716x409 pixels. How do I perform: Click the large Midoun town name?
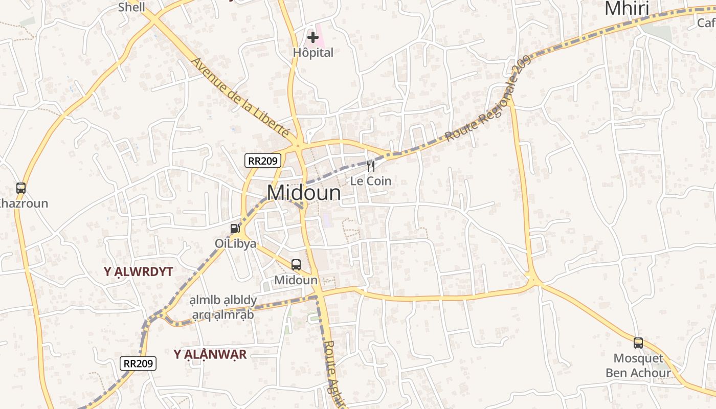pos(304,193)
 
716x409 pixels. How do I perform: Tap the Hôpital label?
pos(313,53)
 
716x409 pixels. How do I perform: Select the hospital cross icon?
pos(313,37)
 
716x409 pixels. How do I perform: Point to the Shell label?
pos(131,7)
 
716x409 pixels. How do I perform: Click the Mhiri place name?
pos(626,9)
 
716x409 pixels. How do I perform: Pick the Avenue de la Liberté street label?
pos(240,97)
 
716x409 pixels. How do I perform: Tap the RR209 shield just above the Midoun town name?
pos(263,161)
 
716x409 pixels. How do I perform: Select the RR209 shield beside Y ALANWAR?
pos(138,363)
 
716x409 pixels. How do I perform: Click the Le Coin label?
pos(371,181)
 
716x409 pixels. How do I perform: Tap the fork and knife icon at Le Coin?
pos(371,166)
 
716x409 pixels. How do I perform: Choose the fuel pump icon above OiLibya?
pos(235,228)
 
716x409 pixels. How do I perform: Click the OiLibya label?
pos(235,243)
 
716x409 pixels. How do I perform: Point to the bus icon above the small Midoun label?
pos(296,264)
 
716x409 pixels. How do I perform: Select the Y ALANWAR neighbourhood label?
pos(210,354)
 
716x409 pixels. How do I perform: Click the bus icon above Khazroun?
pos(21,188)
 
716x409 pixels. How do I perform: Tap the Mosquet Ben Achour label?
pos(638,366)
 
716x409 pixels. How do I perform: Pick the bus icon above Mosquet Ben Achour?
pos(638,343)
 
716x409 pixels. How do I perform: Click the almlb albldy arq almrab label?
pos(223,307)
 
